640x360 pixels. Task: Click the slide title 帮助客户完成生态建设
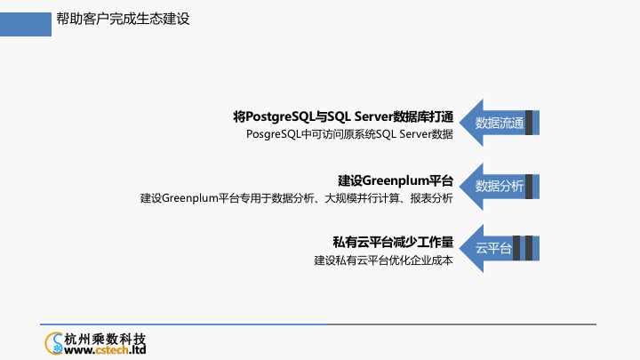123,19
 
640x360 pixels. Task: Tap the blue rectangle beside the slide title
26,24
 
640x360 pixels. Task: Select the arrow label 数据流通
500,123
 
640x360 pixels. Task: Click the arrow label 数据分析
500,186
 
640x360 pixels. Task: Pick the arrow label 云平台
493,248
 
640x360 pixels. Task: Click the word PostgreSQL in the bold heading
280,116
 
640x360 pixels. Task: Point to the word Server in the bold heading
373,116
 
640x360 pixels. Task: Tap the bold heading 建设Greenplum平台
396,180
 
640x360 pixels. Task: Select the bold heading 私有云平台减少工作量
393,242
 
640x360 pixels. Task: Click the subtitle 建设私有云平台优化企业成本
383,260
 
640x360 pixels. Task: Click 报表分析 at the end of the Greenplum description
431,198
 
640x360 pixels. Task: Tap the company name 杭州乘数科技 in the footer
105,339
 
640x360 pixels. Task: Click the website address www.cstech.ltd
105,350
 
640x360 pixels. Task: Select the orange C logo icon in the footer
53,343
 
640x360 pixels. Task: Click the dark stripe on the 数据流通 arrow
529,123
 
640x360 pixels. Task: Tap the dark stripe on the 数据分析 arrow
529,187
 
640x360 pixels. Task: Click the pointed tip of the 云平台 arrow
460,248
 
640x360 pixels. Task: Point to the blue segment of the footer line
183,324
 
